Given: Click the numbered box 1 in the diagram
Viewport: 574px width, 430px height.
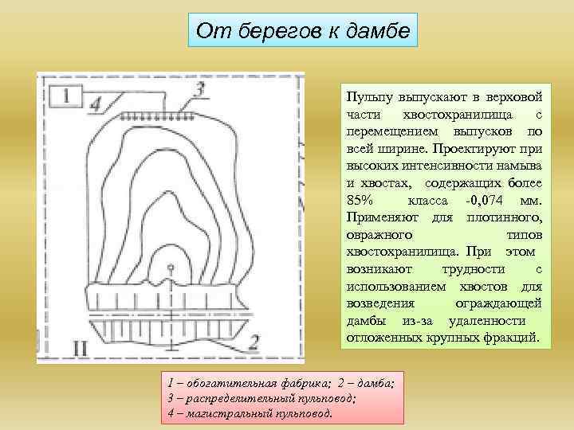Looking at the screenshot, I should click(66, 96).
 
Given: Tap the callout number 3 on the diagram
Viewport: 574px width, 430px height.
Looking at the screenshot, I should click(200, 90).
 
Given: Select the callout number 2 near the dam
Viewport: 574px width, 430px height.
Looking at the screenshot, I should click(254, 342).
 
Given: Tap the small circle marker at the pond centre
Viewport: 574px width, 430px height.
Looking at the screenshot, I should click(170, 268).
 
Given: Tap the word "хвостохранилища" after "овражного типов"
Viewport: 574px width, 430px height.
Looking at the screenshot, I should click(395, 252).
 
